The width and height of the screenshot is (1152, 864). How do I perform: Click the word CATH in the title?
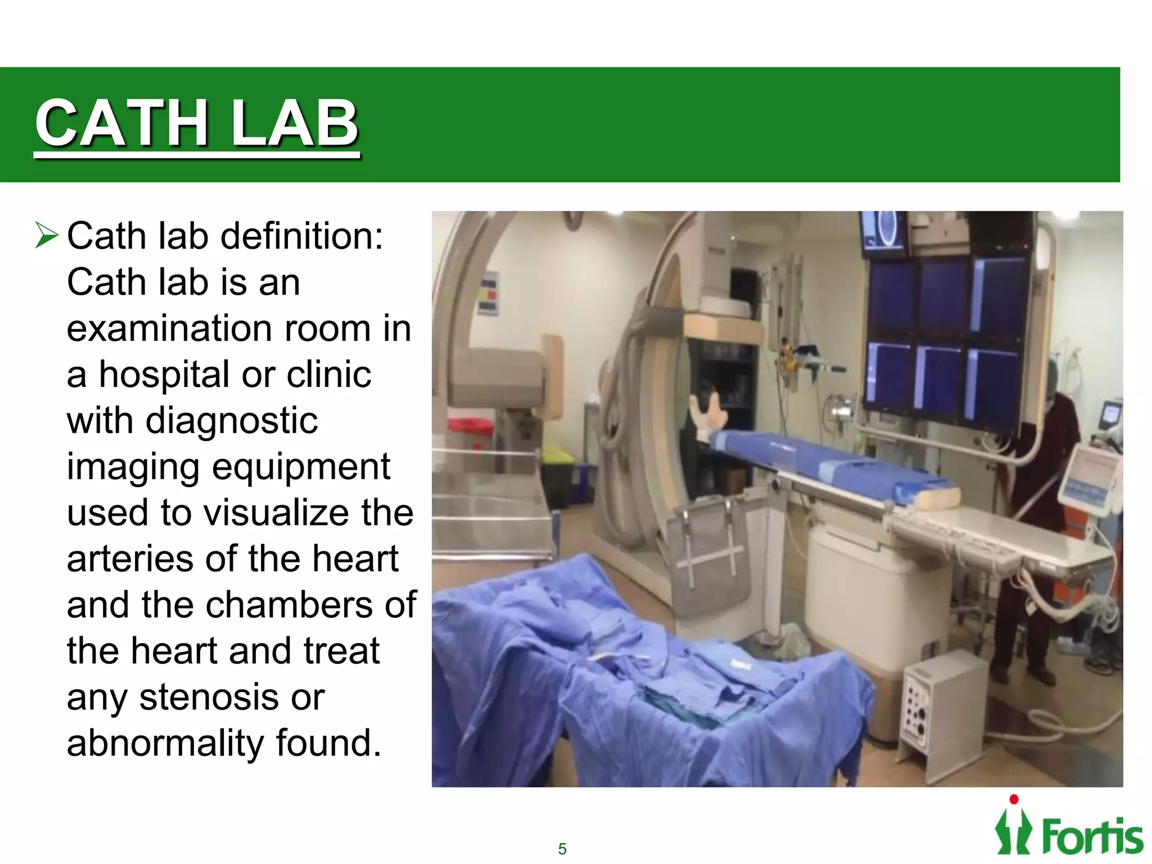121,123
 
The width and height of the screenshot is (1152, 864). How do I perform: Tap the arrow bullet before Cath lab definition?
46,235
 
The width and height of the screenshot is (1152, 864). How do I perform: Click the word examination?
170,328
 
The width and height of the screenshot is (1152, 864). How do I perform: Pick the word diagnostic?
231,421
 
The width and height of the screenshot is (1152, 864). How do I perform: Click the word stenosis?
208,697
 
